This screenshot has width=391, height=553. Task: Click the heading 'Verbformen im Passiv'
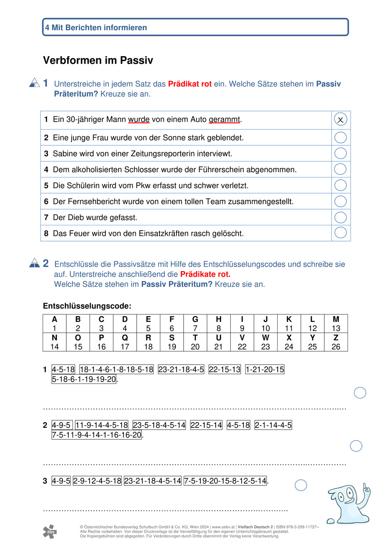click(x=98, y=61)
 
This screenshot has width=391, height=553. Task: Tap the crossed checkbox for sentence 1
click(x=340, y=119)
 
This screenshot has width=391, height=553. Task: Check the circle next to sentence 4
click(x=340, y=169)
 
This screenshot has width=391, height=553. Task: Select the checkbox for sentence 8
click(x=340, y=233)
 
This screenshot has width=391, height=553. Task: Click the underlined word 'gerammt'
click(x=224, y=119)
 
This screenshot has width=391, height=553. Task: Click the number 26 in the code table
click(x=336, y=347)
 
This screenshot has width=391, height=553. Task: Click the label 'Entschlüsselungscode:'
click(x=87, y=306)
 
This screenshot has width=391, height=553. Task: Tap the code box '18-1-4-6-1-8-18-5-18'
click(x=116, y=370)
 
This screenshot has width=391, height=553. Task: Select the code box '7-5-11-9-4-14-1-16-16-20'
click(x=97, y=435)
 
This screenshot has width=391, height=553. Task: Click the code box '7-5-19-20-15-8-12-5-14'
click(x=225, y=481)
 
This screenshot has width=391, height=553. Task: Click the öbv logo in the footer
click(x=50, y=531)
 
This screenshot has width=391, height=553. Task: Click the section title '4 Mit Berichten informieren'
click(x=96, y=28)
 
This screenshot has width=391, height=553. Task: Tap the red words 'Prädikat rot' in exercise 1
click(x=190, y=84)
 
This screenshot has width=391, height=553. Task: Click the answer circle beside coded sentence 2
click(x=356, y=446)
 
